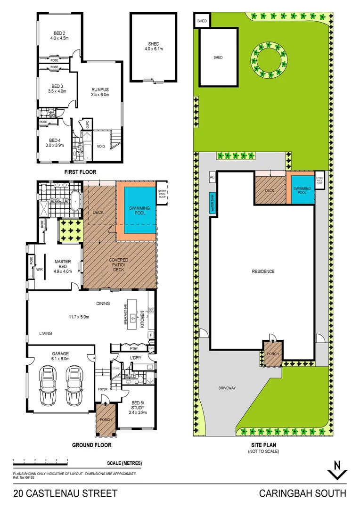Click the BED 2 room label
click(59, 36)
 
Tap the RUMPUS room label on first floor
click(100, 92)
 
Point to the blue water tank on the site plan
click(212, 203)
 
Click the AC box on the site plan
click(212, 177)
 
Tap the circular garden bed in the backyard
click(271, 62)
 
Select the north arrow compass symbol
click(337, 469)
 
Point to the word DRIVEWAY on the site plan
click(227, 388)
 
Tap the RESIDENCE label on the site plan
click(262, 271)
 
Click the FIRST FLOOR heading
click(80, 172)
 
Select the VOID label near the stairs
click(101, 146)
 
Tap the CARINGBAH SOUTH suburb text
click(303, 494)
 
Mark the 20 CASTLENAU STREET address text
click(65, 494)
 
